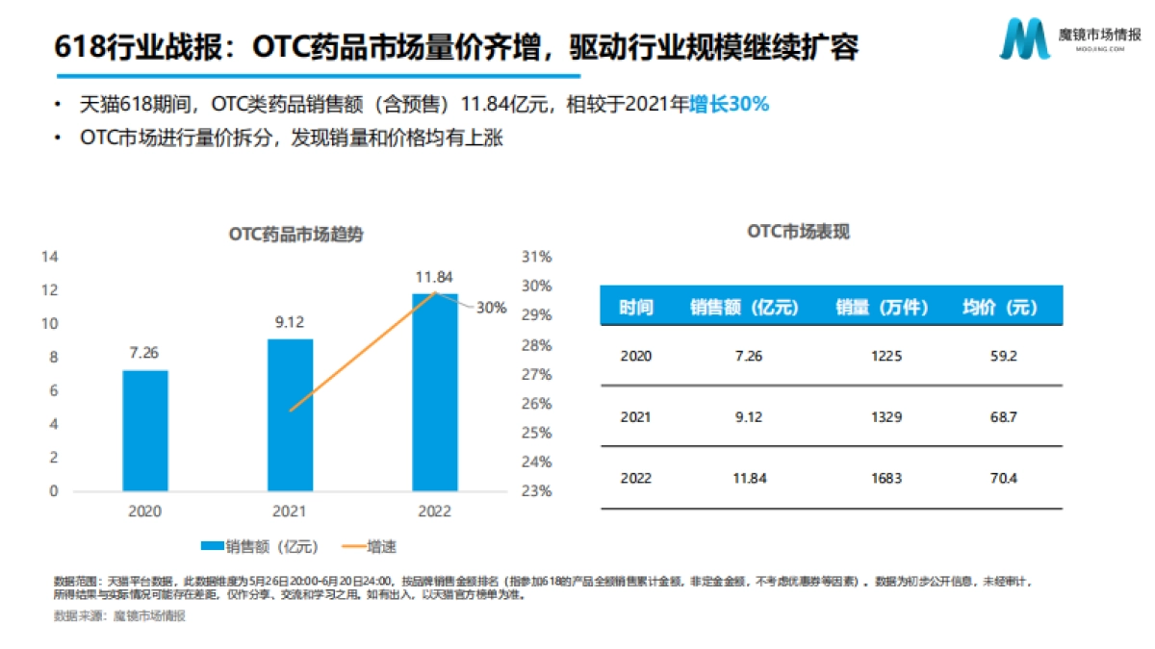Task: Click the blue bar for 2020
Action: point(144,431)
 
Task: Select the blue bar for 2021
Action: point(290,414)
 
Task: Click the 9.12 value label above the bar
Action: point(290,323)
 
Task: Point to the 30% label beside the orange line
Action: point(491,308)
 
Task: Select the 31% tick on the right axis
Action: point(537,257)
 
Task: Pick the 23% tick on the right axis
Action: point(537,490)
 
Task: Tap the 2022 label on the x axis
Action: point(435,512)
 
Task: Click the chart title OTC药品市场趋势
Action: point(295,234)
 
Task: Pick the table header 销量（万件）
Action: point(882,308)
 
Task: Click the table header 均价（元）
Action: point(1001,308)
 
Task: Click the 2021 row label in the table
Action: point(636,417)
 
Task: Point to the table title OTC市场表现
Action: point(799,232)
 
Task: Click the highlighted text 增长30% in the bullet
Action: point(729,105)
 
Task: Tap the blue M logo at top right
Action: point(1024,38)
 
